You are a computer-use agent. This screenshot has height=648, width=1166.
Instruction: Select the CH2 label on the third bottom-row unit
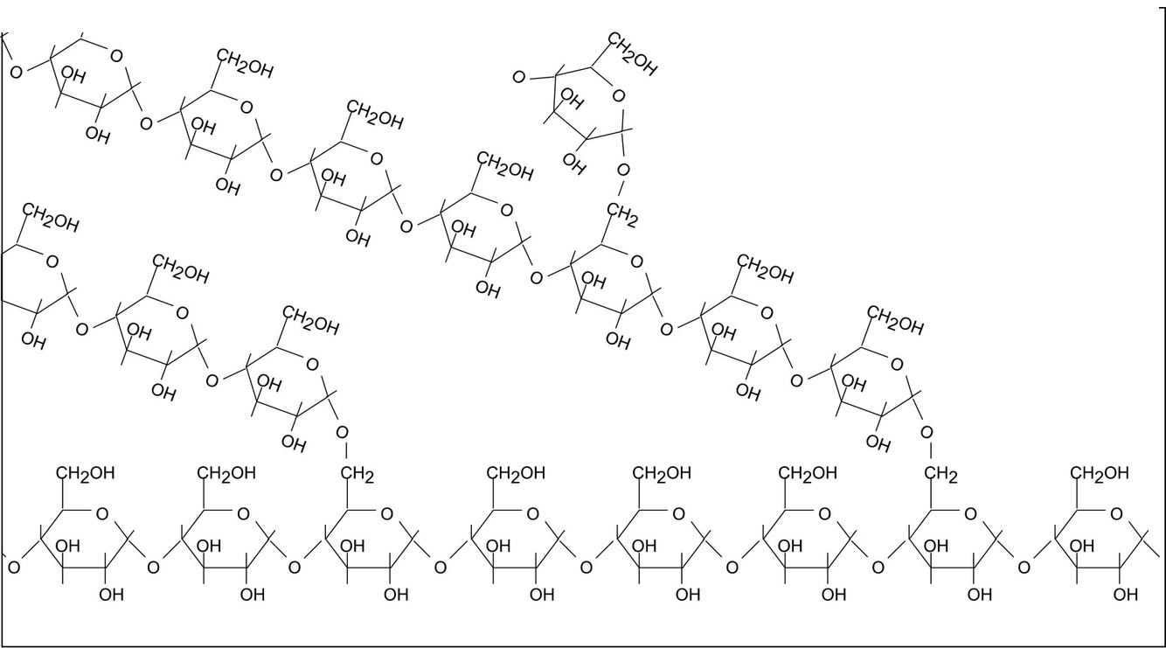pyautogui.click(x=357, y=476)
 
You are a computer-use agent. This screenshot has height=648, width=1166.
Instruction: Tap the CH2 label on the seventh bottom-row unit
pyautogui.click(x=941, y=476)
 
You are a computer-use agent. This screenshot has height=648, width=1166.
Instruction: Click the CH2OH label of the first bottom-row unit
pyautogui.click(x=85, y=473)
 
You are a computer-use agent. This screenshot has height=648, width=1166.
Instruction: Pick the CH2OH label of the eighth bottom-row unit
pyautogui.click(x=1100, y=473)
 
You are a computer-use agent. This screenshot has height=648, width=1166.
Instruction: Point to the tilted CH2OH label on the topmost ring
pyautogui.click(x=632, y=54)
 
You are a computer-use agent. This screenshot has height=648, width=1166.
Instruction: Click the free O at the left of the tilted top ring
pyautogui.click(x=518, y=78)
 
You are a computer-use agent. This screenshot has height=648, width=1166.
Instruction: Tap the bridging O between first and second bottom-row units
pyautogui.click(x=153, y=568)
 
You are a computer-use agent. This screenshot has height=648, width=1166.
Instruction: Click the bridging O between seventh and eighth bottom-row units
pyautogui.click(x=1024, y=568)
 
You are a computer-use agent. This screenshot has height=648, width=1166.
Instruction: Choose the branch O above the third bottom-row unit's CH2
pyautogui.click(x=342, y=432)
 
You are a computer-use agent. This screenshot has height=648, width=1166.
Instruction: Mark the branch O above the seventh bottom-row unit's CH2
pyautogui.click(x=927, y=432)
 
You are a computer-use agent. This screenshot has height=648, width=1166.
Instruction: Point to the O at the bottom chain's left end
pyautogui.click(x=13, y=568)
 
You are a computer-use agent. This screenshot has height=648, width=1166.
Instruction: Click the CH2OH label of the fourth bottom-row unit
pyautogui.click(x=516, y=473)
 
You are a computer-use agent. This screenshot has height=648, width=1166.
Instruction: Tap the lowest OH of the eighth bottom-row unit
pyautogui.click(x=1127, y=596)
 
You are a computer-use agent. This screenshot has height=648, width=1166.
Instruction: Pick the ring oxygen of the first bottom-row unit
pyautogui.click(x=102, y=514)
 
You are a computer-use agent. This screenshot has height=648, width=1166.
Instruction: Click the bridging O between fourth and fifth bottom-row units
pyautogui.click(x=586, y=568)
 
